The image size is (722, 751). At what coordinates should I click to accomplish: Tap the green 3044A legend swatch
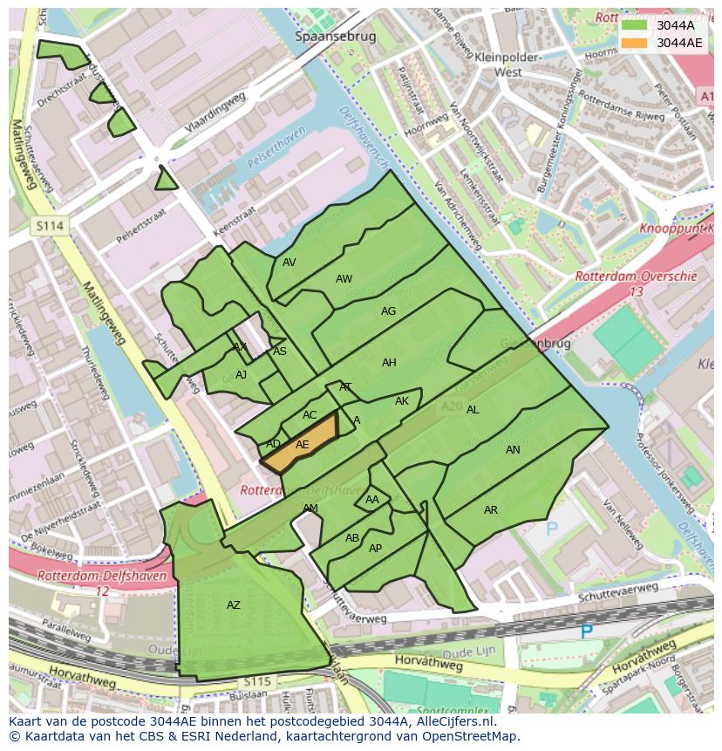(635, 25)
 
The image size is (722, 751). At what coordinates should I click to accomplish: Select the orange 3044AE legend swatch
(635, 43)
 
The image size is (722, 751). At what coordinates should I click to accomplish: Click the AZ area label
(233, 605)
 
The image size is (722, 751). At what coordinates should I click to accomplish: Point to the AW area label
(344, 279)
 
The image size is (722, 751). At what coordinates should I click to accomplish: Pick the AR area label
(491, 510)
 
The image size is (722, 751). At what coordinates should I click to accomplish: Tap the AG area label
(388, 311)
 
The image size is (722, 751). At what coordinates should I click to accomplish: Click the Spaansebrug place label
(335, 37)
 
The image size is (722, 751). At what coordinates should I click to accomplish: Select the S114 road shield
(50, 226)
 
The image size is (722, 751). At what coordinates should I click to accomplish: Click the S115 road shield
(257, 680)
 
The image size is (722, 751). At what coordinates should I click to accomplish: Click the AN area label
(513, 450)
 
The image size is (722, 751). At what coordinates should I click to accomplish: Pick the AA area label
(372, 500)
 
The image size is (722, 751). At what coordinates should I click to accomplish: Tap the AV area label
(289, 263)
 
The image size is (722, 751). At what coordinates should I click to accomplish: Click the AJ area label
(242, 375)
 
